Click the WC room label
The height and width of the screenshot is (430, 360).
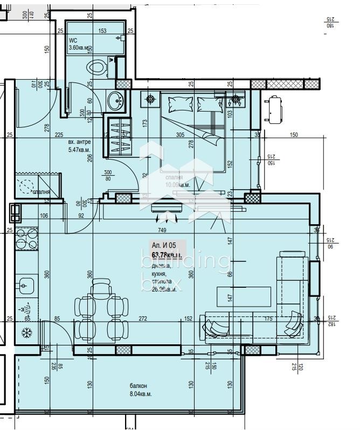click(73, 40)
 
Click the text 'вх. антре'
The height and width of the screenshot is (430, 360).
click(79, 142)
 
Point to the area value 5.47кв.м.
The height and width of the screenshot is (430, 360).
click(79, 150)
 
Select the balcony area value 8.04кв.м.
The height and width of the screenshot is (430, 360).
click(140, 394)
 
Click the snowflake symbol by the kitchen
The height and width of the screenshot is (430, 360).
click(25, 334)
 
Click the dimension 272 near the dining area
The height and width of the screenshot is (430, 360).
click(144, 318)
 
